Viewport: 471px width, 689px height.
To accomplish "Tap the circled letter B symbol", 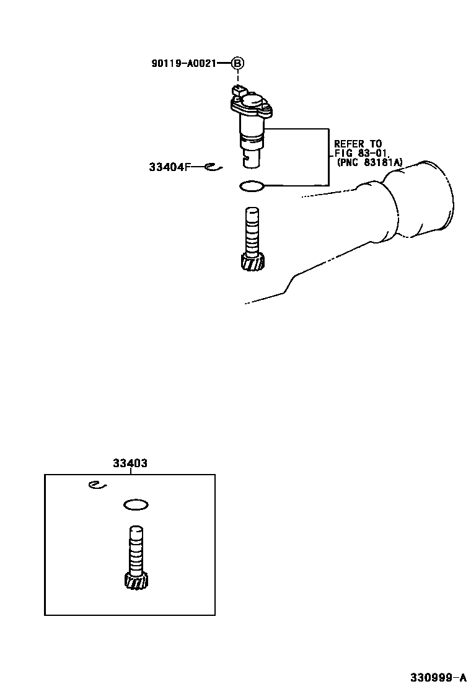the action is point(237,63).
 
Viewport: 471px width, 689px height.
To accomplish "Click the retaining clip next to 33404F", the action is point(212,166).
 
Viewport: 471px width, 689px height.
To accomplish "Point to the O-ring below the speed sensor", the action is point(252,186).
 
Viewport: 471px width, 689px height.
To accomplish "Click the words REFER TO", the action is point(358,144).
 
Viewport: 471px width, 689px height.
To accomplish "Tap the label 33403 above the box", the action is point(130,463).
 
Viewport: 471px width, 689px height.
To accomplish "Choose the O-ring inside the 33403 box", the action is point(136,505).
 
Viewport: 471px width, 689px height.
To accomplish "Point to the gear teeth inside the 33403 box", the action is point(136,581).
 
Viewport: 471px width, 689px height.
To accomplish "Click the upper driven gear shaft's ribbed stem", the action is point(252,232).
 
